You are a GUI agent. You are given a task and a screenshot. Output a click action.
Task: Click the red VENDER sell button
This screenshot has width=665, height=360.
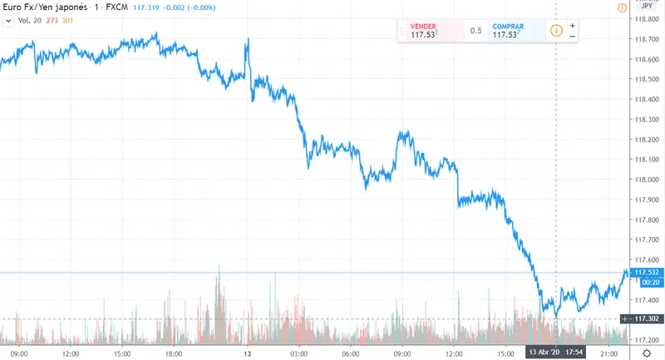click(429, 31)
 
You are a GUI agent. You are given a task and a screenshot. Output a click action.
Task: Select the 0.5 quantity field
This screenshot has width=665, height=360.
click(475, 31)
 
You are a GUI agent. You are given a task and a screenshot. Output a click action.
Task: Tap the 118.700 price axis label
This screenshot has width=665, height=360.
click(645, 39)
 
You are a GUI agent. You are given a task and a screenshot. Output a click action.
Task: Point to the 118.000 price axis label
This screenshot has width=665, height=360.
click(645, 180)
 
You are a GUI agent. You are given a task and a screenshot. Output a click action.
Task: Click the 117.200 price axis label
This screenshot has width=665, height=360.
click(645, 340)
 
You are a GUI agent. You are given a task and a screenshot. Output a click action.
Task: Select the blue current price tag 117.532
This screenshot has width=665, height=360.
click(647, 272)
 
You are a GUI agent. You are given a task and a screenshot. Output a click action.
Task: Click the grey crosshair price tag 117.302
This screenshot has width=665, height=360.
click(647, 318)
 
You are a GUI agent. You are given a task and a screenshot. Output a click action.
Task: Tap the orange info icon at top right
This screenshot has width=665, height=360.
click(622, 7)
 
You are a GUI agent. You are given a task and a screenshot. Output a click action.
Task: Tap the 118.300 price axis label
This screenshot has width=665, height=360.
click(645, 119)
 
